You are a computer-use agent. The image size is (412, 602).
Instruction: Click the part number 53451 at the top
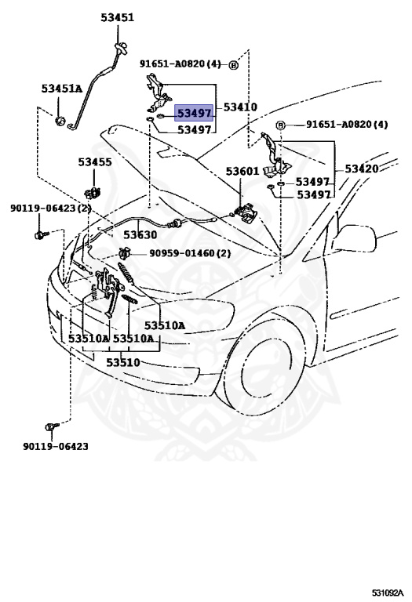coord(117,18)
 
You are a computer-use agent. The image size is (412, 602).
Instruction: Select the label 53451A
coord(62,89)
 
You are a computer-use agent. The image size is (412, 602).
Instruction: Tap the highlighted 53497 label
coord(194,113)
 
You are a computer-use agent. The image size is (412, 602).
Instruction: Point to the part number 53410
coord(240,107)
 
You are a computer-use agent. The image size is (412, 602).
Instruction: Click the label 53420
coord(362,169)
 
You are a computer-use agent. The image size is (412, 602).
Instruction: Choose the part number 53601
coord(242,171)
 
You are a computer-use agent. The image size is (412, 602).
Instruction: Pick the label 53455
coord(95,162)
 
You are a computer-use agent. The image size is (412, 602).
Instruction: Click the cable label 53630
coord(140,234)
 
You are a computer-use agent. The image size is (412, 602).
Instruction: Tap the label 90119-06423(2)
coord(51,209)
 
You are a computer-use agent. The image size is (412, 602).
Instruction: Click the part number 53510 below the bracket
coord(123,362)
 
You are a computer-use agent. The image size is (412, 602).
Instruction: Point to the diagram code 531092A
coord(388,593)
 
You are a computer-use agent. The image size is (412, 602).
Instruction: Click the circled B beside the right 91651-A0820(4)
coord(281,125)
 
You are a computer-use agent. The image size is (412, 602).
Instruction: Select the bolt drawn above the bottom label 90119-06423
coord(52,426)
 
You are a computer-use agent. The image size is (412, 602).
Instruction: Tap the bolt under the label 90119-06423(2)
coord(41,234)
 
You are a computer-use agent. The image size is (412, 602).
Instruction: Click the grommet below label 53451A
coord(60,121)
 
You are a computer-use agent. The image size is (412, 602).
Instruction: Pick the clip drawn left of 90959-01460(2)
coord(125,253)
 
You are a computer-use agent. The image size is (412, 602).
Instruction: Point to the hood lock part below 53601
coord(245,213)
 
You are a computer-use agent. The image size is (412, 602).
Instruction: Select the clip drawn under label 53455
coord(93,191)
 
